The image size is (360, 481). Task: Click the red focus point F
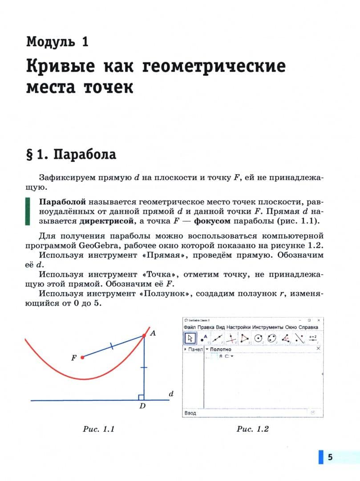82,357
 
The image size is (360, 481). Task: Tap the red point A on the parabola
144,334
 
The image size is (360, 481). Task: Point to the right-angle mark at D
141,397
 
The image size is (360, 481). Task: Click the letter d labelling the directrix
171,394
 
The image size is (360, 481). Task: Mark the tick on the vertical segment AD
144,368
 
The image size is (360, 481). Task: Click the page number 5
330,457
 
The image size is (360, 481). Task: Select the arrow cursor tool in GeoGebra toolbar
190,338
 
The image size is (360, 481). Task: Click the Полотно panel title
220,350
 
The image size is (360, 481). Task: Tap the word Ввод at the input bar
190,413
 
